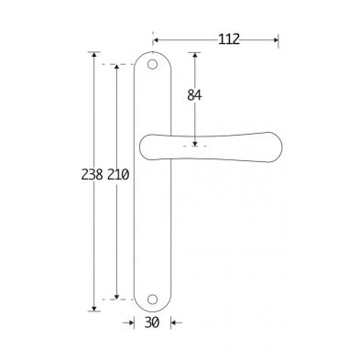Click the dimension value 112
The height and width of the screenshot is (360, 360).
click(229, 39)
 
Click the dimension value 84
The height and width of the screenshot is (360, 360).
click(194, 95)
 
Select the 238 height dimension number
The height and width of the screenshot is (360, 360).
click(92, 175)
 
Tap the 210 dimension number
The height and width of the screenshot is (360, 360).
click(118, 175)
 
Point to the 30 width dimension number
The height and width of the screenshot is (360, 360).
click(152, 322)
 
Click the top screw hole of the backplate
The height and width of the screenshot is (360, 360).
click(152, 64)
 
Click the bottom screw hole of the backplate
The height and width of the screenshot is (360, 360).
click(152, 299)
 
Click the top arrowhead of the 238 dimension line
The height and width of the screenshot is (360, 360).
click(94, 55)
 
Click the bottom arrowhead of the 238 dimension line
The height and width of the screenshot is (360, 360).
click(94, 309)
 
